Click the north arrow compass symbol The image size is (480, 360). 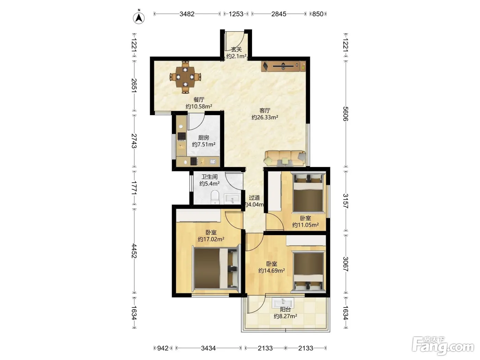139,17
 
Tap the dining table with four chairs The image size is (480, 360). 185,77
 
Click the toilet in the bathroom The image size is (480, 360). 215,197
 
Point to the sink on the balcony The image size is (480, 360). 283,303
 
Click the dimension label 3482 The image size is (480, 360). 187,14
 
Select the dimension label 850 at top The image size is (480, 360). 318,14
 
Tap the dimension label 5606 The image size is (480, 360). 345,114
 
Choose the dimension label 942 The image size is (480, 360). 163,348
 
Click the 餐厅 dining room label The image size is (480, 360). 199,100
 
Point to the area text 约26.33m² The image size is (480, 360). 265,117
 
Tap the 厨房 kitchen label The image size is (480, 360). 204,138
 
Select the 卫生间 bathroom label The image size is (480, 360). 209,177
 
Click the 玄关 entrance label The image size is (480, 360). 236,49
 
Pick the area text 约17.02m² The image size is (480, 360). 211,239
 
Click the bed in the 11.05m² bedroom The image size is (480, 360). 308,192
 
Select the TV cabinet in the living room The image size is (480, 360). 284,66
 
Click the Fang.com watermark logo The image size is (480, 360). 443,346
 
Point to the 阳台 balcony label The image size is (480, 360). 285,310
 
